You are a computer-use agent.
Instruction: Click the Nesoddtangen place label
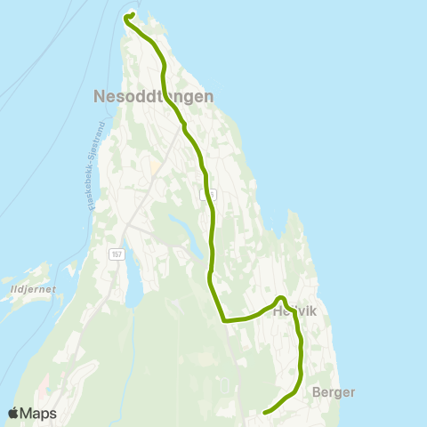(152, 97)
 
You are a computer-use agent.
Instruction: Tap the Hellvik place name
(294, 310)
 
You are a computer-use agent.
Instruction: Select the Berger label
(334, 391)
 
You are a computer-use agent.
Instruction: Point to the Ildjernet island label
(29, 288)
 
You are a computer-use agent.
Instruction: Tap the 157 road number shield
(116, 254)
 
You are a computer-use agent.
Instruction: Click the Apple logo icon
(13, 413)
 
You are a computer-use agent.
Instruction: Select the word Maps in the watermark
(38, 413)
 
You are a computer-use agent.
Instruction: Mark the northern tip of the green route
(130, 14)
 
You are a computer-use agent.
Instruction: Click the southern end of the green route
(265, 412)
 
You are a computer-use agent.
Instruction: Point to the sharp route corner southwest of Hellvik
(223, 320)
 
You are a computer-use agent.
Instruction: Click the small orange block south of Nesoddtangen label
(154, 165)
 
